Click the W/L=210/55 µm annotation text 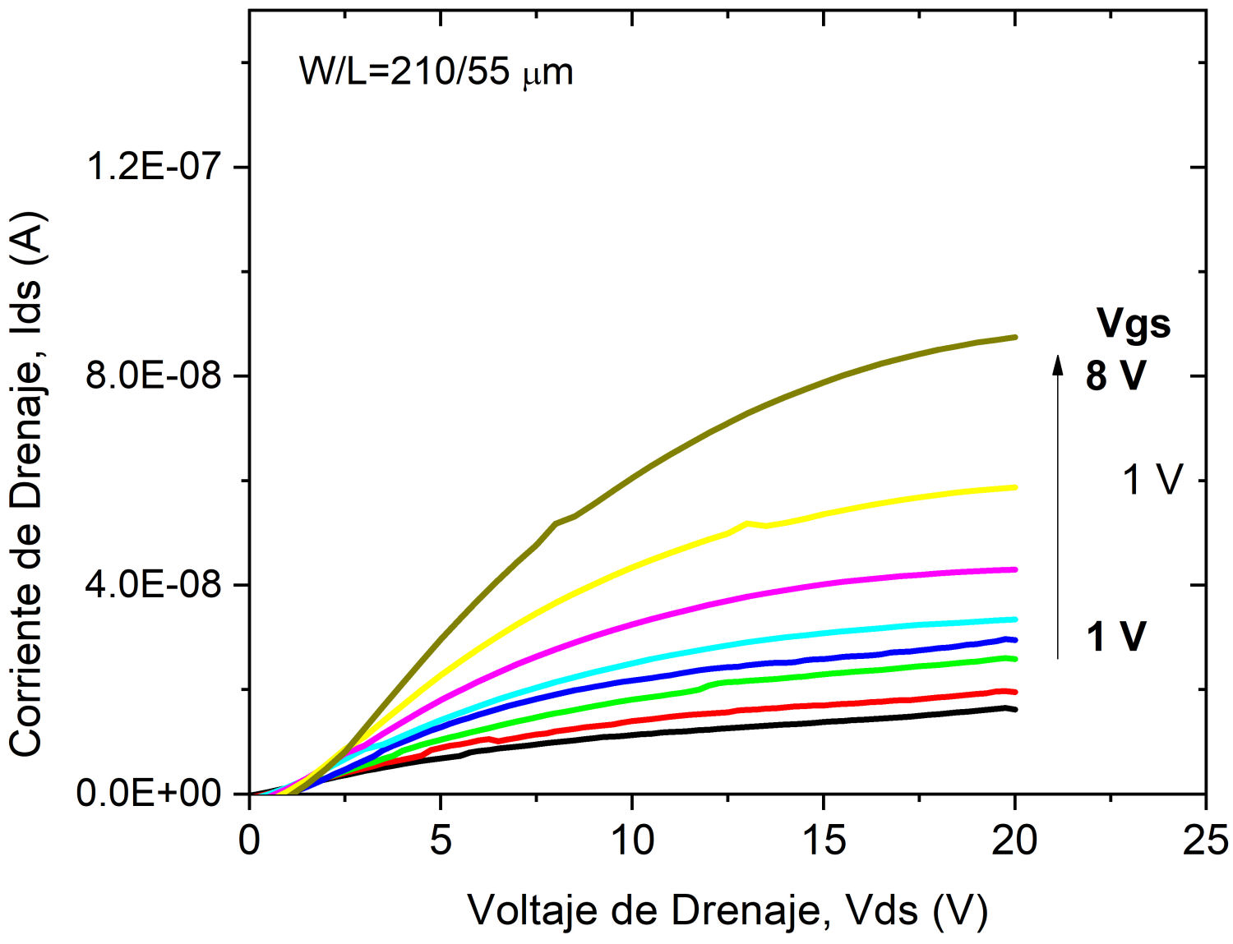tap(436, 72)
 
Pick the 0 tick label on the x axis tap(250, 840)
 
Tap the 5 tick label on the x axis tap(441, 840)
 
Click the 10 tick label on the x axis tap(632, 840)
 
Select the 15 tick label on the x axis tap(824, 840)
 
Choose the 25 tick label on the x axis tap(1205, 840)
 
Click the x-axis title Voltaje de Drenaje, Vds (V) tap(727, 909)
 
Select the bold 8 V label tap(1115, 375)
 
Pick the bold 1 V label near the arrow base tap(1115, 637)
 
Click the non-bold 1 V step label tap(1152, 479)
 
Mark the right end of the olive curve tap(1015, 338)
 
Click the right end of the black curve tap(1015, 709)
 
